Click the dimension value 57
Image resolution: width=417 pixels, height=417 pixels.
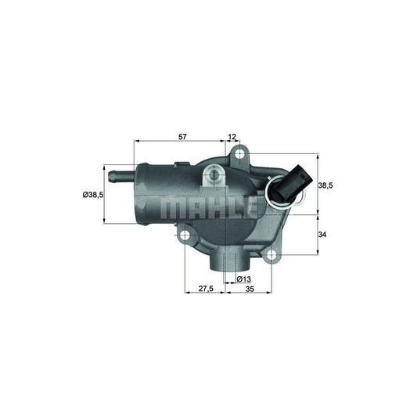[x=182, y=137]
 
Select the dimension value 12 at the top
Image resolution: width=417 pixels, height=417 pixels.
[x=232, y=137]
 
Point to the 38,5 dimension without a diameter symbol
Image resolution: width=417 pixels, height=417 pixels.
[x=327, y=185]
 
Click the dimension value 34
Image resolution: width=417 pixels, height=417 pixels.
[x=324, y=234]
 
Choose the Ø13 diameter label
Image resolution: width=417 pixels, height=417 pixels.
[x=243, y=279]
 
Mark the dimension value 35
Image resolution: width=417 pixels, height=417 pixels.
[x=250, y=288]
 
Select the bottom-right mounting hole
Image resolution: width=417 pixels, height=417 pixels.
[x=271, y=253]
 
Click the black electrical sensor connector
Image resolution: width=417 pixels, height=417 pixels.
[x=294, y=185]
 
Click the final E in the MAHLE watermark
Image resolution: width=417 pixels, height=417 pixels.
[x=251, y=207]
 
